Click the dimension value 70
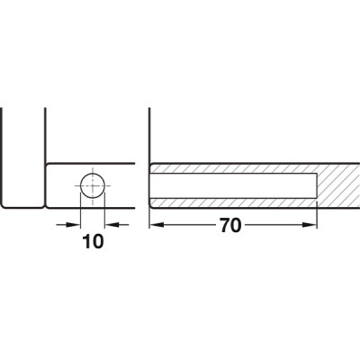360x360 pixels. click(229, 226)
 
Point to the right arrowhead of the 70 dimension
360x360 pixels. click(311, 226)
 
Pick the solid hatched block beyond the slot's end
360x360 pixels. click(337, 186)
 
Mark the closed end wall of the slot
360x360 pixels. click(317, 186)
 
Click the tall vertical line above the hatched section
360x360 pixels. click(149, 135)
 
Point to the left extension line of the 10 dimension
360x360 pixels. click(80, 211)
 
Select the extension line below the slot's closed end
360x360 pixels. click(317, 219)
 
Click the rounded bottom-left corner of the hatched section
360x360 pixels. click(151, 206)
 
